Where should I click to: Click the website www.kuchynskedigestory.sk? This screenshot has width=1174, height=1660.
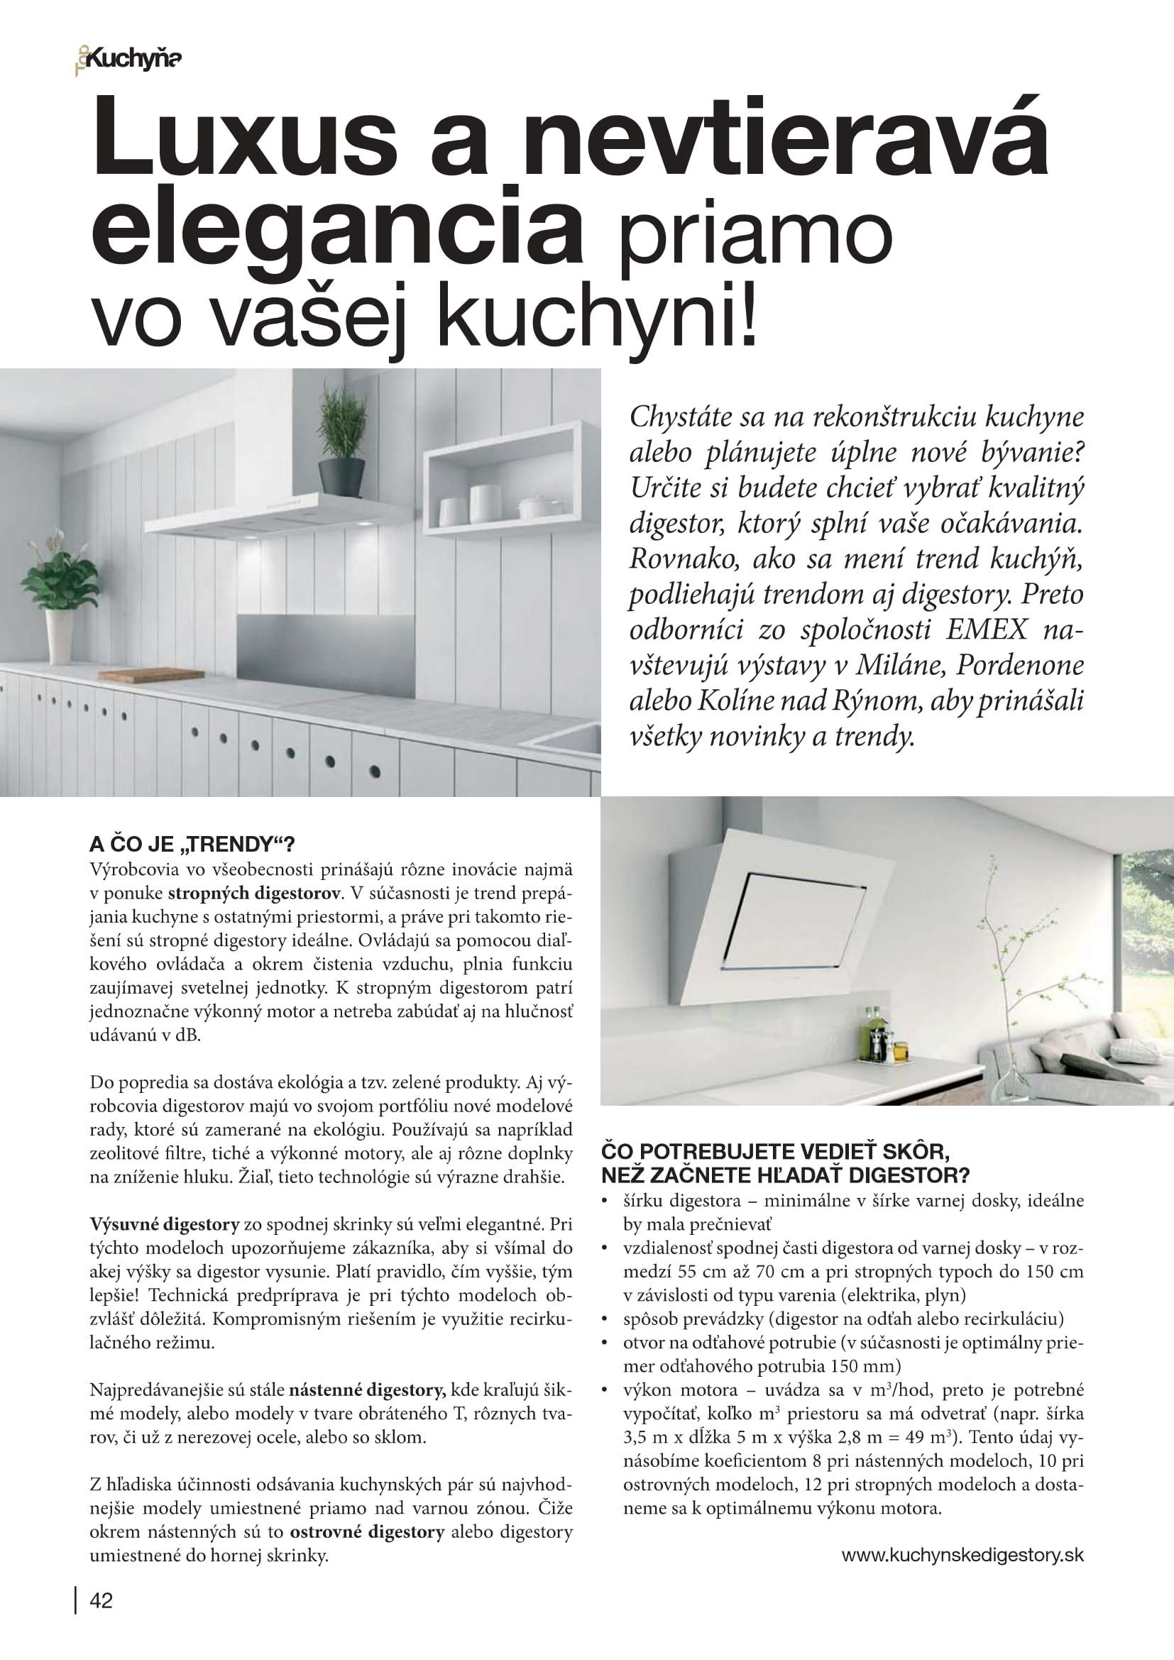coord(962,1555)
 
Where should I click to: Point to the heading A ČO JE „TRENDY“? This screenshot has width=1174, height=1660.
coord(192,845)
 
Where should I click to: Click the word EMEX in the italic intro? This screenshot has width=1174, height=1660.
coord(987,630)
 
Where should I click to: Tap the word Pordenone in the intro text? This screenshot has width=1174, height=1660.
coord(1020,665)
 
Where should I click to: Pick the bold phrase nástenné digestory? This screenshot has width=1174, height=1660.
coord(366,1390)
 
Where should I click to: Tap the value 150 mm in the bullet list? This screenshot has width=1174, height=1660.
coord(866,1365)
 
